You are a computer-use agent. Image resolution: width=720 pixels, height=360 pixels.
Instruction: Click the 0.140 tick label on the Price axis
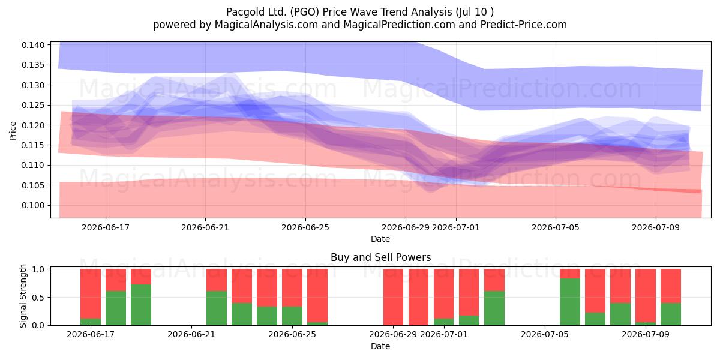click(33, 45)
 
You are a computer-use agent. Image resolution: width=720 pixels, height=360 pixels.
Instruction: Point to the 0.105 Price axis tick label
click(33, 185)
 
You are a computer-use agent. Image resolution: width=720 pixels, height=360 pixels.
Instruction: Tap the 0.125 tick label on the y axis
click(33, 105)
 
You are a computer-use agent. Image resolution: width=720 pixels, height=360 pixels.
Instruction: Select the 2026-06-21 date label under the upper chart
click(205, 227)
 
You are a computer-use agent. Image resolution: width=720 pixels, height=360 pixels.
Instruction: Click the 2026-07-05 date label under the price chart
click(556, 227)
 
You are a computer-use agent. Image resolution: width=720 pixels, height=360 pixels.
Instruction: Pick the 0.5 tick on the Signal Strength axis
click(38, 298)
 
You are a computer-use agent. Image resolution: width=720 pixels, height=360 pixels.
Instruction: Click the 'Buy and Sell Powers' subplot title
click(380, 257)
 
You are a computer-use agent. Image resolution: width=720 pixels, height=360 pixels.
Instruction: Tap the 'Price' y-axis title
click(13, 131)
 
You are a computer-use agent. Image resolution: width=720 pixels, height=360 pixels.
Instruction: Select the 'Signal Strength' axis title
click(23, 296)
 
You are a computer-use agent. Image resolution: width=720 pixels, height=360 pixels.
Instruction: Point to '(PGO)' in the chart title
click(305, 12)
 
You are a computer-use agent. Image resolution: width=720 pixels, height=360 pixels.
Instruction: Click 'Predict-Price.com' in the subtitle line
click(524, 25)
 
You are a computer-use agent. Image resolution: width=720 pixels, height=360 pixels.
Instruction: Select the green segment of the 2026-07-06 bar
click(570, 302)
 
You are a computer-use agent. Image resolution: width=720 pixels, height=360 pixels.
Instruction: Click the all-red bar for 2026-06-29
click(393, 297)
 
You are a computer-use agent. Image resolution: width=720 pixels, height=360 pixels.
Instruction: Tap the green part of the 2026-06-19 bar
click(141, 305)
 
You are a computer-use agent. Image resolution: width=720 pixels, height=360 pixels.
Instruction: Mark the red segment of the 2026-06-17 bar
click(91, 294)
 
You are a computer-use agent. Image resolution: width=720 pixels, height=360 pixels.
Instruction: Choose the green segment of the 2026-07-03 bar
click(494, 308)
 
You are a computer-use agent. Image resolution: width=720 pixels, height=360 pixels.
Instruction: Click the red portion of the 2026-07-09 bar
click(646, 295)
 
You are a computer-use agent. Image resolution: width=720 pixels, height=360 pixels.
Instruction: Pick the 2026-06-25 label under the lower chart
click(292, 334)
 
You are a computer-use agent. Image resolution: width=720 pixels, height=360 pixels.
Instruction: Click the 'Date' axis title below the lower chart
click(380, 346)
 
